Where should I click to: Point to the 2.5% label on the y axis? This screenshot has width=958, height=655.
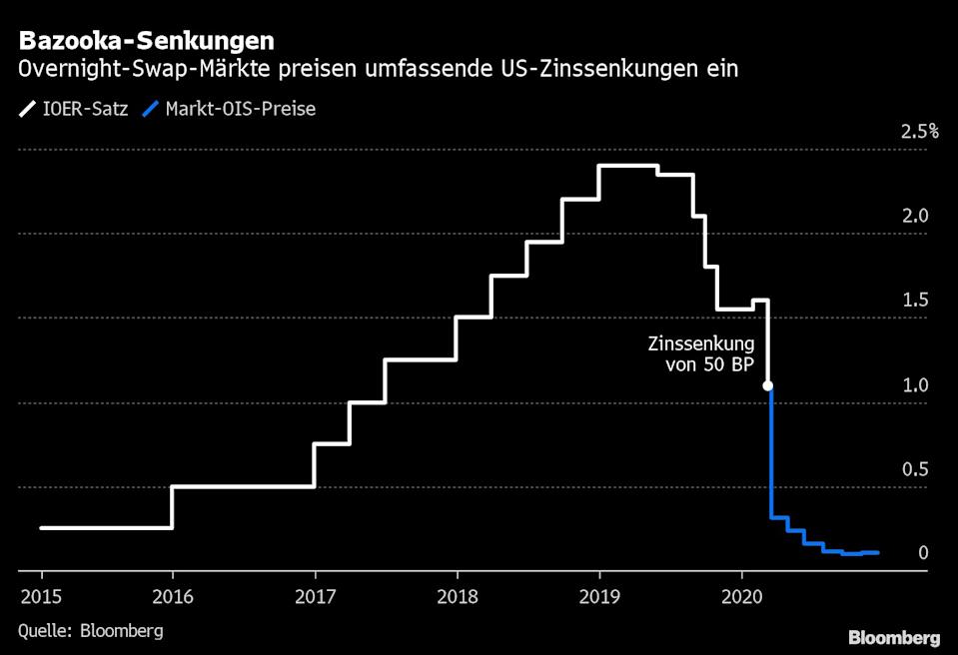(919, 131)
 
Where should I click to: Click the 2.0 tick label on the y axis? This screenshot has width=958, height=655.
(916, 216)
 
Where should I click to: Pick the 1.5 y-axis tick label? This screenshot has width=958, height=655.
(916, 301)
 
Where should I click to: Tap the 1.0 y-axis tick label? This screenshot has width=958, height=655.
(916, 385)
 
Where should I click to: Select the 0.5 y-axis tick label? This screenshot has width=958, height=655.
(916, 469)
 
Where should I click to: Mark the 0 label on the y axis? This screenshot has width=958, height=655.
(923, 553)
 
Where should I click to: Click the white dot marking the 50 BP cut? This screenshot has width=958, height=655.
(768, 385)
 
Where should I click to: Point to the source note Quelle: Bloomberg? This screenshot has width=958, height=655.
(90, 631)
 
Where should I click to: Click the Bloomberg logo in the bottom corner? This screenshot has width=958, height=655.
(893, 637)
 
